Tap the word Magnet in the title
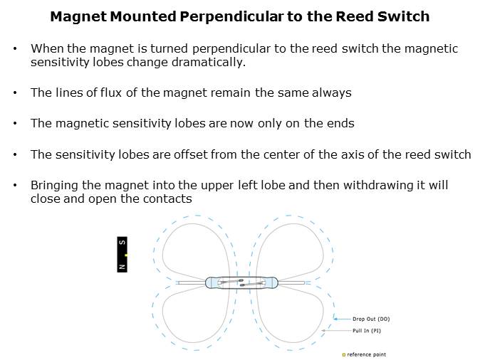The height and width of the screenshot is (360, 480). point(78,16)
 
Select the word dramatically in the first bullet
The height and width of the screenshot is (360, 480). point(209,62)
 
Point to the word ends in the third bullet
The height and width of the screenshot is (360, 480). point(340,123)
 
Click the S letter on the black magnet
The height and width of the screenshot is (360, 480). point(122,242)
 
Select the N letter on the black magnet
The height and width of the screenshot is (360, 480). point(122,267)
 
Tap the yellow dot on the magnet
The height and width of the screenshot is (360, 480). point(126,255)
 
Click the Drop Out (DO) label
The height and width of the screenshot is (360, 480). point(371,319)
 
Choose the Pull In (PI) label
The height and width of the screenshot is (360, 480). point(367,331)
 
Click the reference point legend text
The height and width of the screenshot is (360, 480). point(367,355)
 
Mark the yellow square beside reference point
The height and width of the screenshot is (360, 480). point(344,355)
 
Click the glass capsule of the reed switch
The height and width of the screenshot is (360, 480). point(241,282)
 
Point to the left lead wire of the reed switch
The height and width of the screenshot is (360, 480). point(192,282)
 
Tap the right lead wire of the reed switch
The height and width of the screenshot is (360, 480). point(291,282)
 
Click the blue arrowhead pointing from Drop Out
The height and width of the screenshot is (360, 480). point(335,319)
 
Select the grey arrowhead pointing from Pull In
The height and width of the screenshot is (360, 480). point(323,331)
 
